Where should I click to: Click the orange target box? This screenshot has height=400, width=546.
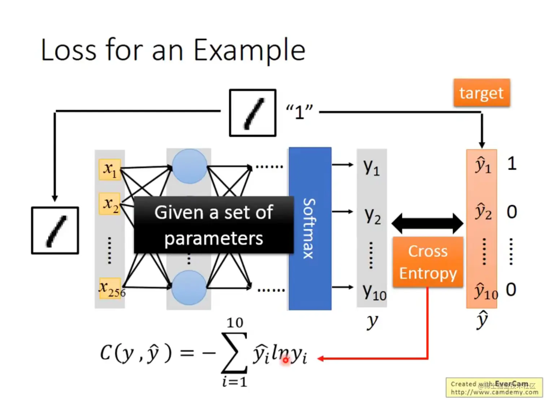(481, 93)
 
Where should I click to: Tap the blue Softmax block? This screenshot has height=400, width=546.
(310, 228)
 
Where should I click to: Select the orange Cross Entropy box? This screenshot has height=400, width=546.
(428, 262)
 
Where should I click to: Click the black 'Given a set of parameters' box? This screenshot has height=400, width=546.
(214, 225)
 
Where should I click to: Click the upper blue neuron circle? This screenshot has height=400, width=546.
(189, 167)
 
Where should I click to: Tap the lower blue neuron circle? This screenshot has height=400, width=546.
(189, 288)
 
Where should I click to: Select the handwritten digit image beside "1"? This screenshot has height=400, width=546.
(253, 113)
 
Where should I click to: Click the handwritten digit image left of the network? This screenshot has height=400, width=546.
(55, 231)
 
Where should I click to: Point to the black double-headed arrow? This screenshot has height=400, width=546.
(427, 223)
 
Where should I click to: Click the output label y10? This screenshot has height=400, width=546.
(374, 292)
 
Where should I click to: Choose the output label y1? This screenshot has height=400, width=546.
(372, 167)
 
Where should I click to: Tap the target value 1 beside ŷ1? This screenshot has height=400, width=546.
(512, 164)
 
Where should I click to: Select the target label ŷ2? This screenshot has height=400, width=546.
(483, 212)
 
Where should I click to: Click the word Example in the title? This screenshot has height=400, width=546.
(250, 50)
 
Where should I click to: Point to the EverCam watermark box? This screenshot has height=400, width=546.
(494, 388)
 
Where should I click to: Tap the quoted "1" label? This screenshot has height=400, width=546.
(299, 112)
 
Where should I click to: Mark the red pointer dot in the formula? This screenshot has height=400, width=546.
(286, 360)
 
